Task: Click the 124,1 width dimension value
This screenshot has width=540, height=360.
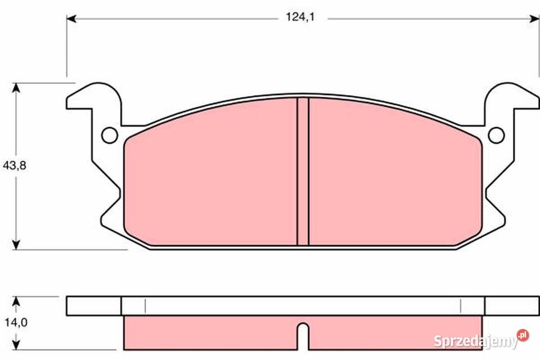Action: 300,17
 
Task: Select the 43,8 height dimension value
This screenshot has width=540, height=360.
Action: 15,166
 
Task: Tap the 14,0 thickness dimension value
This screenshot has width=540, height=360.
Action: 16,322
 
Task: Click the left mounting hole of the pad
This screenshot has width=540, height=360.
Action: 110,136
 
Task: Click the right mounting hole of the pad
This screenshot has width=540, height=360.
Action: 496,136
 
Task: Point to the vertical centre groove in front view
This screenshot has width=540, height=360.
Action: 303,172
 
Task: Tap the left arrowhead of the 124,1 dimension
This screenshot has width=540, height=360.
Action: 71,19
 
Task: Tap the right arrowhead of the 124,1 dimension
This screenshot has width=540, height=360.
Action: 534,19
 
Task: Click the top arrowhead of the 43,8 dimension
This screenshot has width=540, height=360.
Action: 16,88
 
